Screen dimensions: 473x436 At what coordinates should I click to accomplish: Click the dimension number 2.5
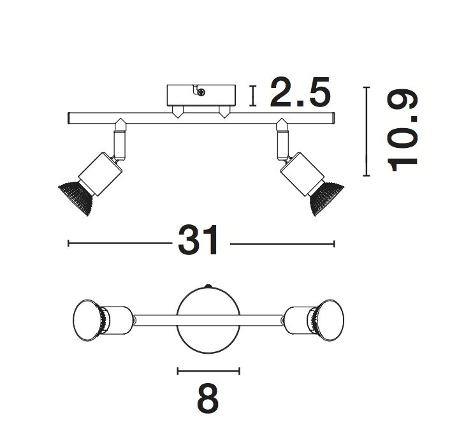coord(300,92)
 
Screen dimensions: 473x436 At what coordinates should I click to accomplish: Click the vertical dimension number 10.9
coord(403,131)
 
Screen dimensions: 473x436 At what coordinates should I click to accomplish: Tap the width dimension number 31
coord(198,240)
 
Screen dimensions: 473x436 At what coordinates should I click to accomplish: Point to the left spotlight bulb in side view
coord(75,198)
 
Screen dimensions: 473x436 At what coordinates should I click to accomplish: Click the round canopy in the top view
coord(208,319)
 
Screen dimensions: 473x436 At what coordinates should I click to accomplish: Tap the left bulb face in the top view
coord(87,320)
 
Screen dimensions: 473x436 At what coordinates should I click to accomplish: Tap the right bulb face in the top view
coord(330,320)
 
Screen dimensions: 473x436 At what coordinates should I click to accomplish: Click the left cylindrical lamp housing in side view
coord(100,173)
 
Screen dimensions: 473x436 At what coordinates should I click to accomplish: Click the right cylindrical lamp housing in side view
coord(302,173)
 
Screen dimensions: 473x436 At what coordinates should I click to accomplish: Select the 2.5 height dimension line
coord(253,96)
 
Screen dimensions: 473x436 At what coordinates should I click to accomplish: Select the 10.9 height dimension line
coord(366,131)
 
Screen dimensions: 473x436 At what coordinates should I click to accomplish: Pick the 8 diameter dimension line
coord(208,371)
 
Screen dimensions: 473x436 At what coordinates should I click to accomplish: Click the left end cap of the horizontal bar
coord(69,118)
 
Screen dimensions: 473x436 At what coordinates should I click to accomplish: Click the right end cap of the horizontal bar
coord(333,119)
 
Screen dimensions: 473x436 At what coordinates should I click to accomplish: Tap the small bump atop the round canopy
coord(208,286)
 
